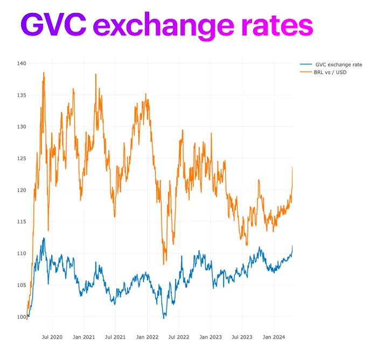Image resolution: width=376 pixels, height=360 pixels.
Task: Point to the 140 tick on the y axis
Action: pyautogui.click(x=22, y=63)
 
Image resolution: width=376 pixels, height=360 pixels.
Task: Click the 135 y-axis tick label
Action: pyautogui.click(x=22, y=95)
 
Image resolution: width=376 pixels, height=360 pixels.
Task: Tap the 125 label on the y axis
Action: pyautogui.click(x=22, y=158)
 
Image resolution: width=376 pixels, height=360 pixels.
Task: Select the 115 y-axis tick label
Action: pyautogui.click(x=22, y=222)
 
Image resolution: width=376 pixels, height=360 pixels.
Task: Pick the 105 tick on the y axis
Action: pyautogui.click(x=22, y=285)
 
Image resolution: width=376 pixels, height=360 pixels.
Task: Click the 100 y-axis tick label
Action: pyautogui.click(x=22, y=316)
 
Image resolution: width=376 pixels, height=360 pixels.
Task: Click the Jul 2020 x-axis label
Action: pyautogui.click(x=52, y=337)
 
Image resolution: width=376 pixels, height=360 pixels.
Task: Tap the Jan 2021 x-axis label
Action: pyautogui.click(x=84, y=337)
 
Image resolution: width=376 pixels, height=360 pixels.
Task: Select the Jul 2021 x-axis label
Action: pyautogui.click(x=115, y=337)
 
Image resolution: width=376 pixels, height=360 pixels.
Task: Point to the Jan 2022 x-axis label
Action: pyautogui.click(x=147, y=337)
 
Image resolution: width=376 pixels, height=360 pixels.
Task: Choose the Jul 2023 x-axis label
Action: pyautogui.click(x=242, y=337)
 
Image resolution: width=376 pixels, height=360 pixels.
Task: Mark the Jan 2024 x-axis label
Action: pyautogui.click(x=274, y=337)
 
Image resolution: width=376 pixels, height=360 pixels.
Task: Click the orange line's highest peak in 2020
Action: pyautogui.click(x=44, y=73)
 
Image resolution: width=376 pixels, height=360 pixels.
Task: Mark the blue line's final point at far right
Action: pyautogui.click(x=293, y=246)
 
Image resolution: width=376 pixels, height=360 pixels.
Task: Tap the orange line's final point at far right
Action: pyautogui.click(x=293, y=167)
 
